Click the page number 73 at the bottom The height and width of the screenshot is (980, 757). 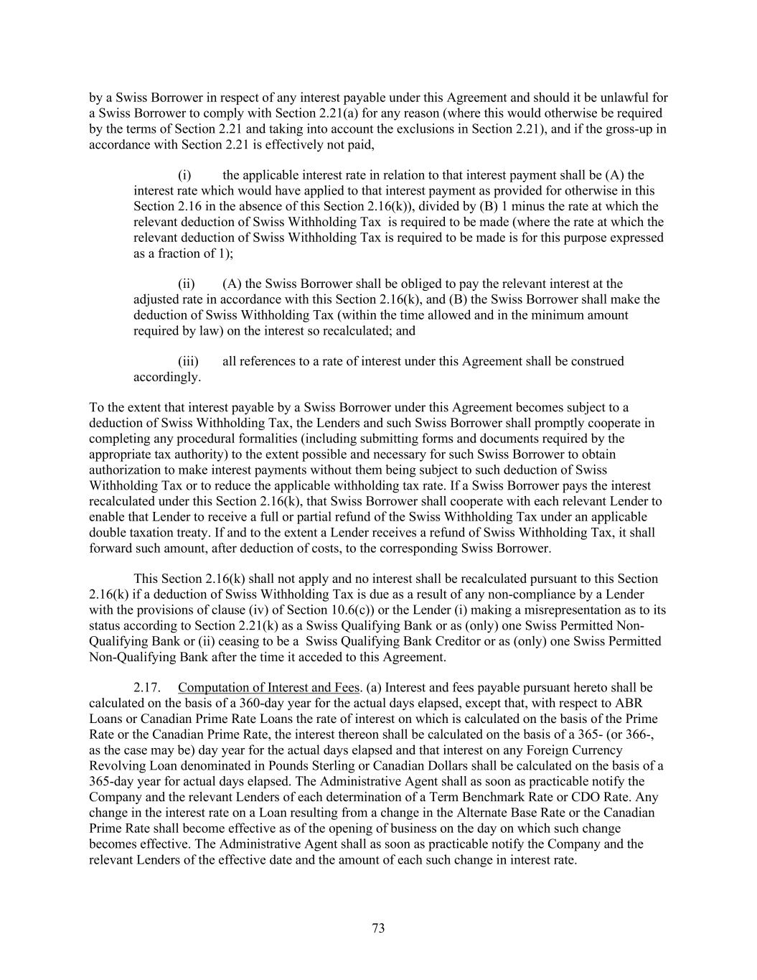(x=379, y=928)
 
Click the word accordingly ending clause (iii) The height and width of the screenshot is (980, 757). (x=167, y=377)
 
